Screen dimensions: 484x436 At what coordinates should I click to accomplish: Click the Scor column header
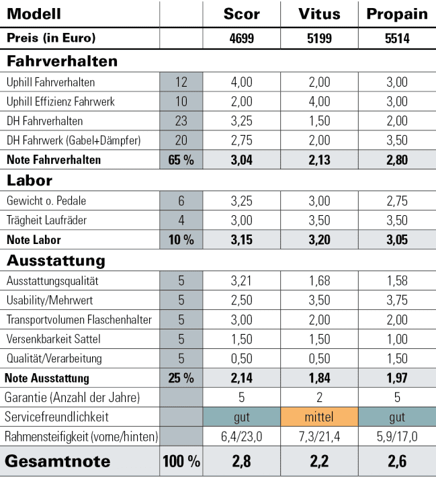(x=241, y=15)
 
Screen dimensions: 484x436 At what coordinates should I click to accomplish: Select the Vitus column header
(x=319, y=15)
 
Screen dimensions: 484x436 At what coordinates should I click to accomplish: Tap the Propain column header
(x=397, y=15)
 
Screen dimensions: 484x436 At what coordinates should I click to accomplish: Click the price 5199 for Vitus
(x=319, y=38)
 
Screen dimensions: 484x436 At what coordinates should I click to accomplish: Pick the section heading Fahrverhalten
(x=62, y=61)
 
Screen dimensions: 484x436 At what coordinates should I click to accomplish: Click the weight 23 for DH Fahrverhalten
(x=181, y=121)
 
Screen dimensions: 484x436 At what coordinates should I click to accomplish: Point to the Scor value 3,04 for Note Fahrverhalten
(x=241, y=160)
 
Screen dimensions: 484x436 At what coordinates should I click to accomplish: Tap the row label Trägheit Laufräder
(x=47, y=220)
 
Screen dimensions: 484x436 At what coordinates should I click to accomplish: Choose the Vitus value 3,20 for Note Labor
(x=319, y=240)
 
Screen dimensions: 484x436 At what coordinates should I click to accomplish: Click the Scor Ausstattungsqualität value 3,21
(x=241, y=280)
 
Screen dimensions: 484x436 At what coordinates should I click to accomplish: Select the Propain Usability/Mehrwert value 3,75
(x=397, y=300)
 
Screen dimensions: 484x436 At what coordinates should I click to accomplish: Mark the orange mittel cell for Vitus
(x=319, y=417)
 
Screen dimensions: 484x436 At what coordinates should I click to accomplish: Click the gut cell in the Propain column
(x=397, y=417)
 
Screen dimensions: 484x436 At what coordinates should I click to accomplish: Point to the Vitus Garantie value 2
(x=319, y=398)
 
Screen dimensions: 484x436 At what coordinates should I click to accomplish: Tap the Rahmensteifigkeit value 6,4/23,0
(x=241, y=437)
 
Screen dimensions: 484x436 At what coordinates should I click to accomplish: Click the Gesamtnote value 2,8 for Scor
(x=241, y=462)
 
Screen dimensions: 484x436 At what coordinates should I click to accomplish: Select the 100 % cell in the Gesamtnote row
(x=181, y=462)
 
